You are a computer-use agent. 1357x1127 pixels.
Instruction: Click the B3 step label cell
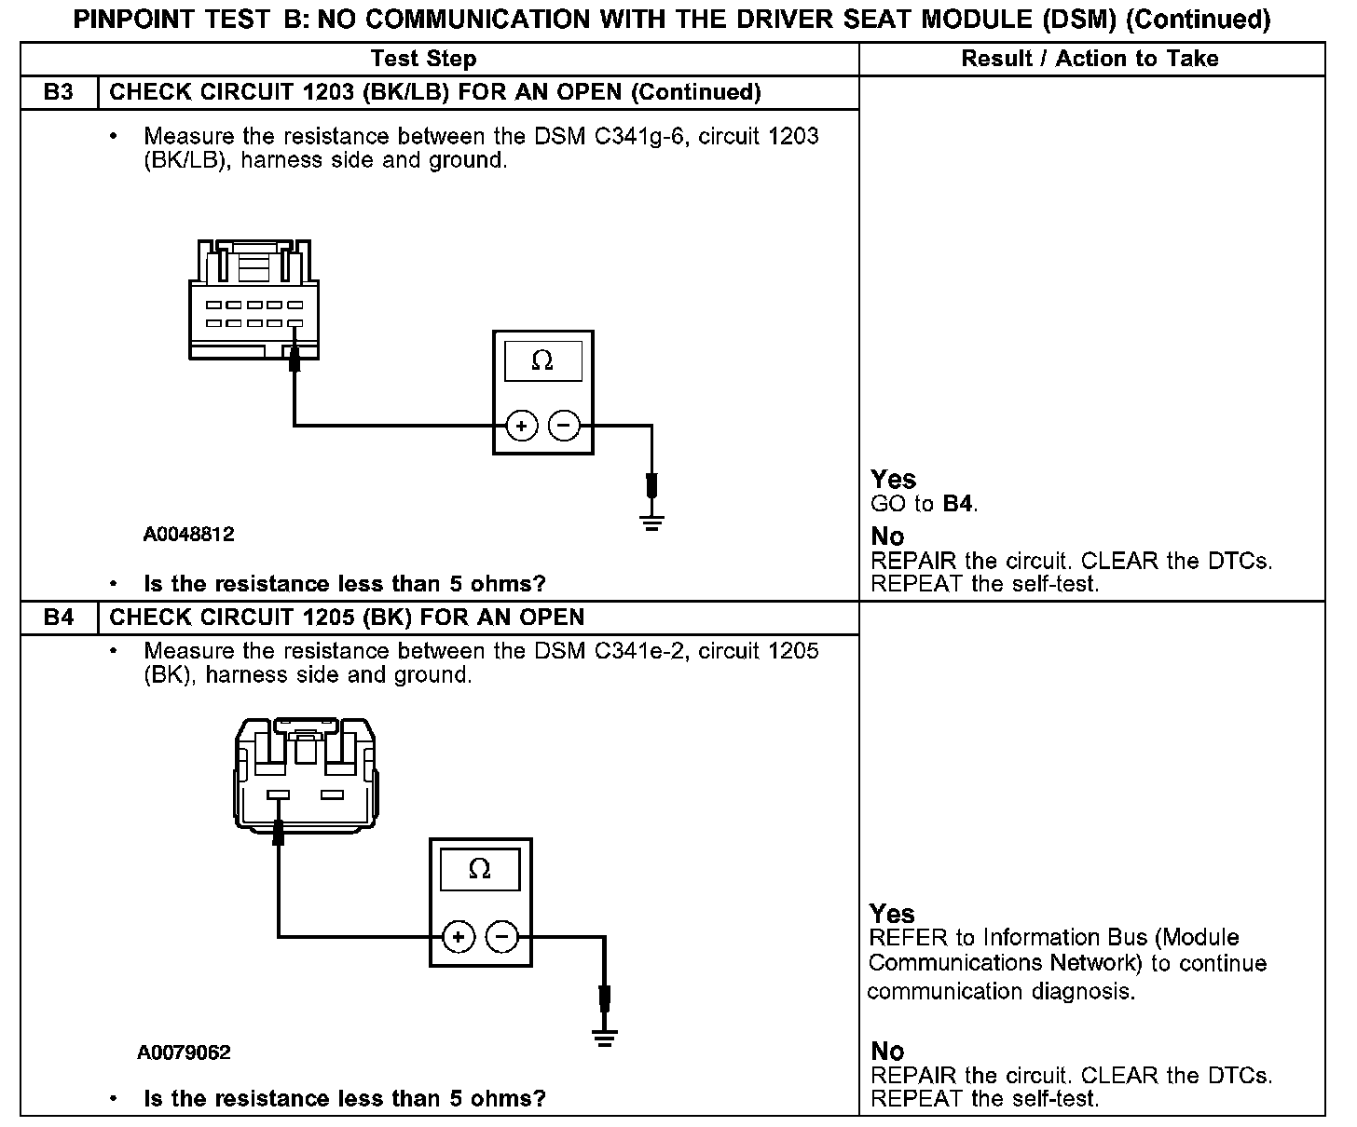(x=58, y=92)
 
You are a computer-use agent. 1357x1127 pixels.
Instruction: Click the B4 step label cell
(x=58, y=617)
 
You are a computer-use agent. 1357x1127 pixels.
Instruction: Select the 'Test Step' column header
(x=423, y=59)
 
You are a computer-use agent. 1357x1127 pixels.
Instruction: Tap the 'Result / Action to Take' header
(x=1090, y=59)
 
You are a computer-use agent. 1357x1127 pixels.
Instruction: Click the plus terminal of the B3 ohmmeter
(x=522, y=427)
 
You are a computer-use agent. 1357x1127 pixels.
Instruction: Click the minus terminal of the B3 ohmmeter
(x=563, y=427)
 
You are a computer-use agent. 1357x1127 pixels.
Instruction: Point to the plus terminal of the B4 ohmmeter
(x=458, y=936)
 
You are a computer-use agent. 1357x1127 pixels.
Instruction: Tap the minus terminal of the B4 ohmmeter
(x=501, y=936)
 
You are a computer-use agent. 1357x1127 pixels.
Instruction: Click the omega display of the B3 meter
(x=542, y=361)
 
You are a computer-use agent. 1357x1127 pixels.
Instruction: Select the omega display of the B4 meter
(x=479, y=869)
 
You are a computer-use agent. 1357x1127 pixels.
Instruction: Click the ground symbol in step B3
(x=651, y=522)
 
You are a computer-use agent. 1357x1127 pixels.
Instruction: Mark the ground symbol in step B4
(x=605, y=1037)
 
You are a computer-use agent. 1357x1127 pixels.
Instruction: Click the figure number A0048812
(x=188, y=535)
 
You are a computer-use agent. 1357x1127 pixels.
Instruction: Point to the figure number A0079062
(x=184, y=1052)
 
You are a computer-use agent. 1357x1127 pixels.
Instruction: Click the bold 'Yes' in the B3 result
(x=893, y=479)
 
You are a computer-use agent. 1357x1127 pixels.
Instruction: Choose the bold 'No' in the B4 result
(x=887, y=1051)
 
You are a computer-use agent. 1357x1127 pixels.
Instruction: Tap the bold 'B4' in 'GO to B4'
(x=958, y=504)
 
